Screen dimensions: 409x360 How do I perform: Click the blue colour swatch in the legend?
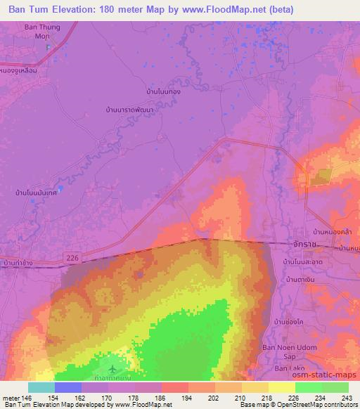(67, 387)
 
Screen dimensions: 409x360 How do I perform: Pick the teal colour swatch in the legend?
(41, 387)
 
